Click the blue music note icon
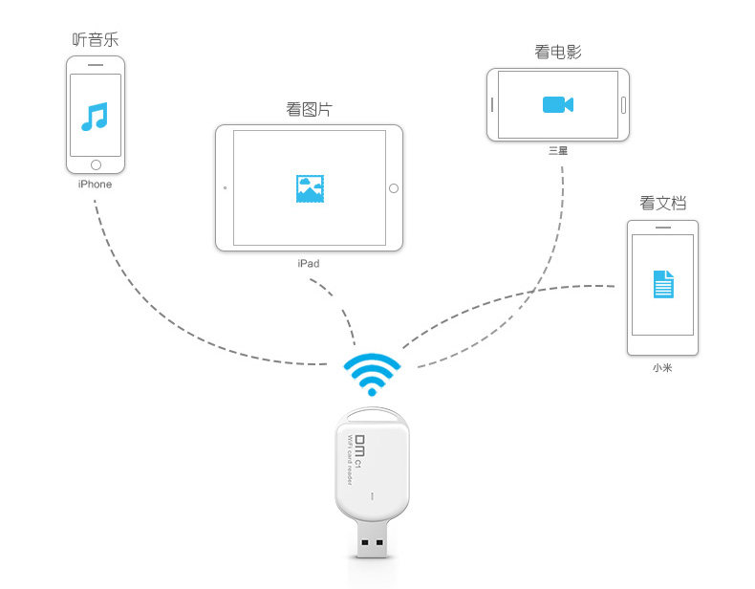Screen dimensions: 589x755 pos(95,116)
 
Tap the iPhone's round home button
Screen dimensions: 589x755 pos(95,164)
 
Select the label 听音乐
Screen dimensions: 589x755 pos(95,39)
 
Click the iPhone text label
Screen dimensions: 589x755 pos(95,184)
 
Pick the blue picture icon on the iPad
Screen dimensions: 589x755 pos(310,187)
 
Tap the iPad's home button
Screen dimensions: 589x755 pos(393,188)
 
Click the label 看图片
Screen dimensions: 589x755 pos(309,108)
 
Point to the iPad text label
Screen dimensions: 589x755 pos(309,262)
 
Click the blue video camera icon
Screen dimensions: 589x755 pos(557,104)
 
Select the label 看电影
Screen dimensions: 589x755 pos(558,51)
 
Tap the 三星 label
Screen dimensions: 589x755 pos(558,151)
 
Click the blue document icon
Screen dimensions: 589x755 pos(663,284)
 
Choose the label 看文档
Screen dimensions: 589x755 pos(663,203)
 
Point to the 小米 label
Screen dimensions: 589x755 pos(662,367)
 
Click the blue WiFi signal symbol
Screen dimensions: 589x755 pos(372,374)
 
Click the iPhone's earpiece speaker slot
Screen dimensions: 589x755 pos(95,65)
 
